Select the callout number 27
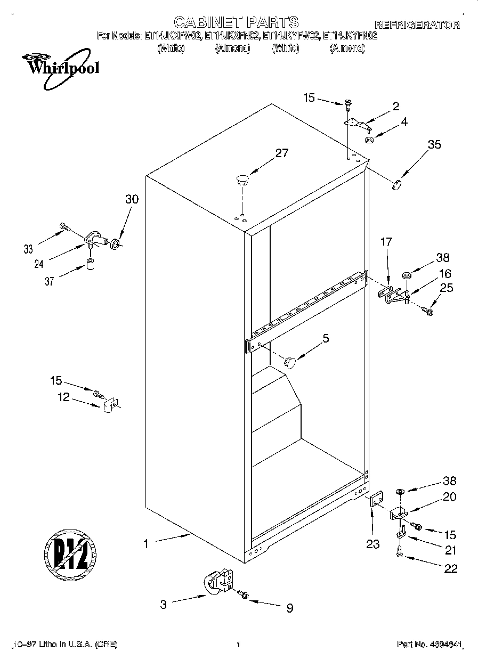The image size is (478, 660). point(281,153)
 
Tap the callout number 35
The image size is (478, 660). point(434,144)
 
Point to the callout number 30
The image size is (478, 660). point(131,199)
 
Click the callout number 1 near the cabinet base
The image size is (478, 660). point(145,544)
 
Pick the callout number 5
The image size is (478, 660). point(326,338)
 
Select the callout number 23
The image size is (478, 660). point(372,544)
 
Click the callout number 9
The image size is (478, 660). point(289,608)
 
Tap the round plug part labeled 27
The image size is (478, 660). point(242,179)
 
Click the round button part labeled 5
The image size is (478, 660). point(289,362)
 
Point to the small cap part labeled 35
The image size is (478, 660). point(396,184)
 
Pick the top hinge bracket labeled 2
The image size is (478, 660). point(357,124)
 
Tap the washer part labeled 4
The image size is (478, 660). point(368,140)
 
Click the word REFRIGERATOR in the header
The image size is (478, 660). point(417,25)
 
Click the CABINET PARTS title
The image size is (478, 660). point(236,22)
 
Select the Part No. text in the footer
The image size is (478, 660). point(430,645)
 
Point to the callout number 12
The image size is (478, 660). point(64,397)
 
